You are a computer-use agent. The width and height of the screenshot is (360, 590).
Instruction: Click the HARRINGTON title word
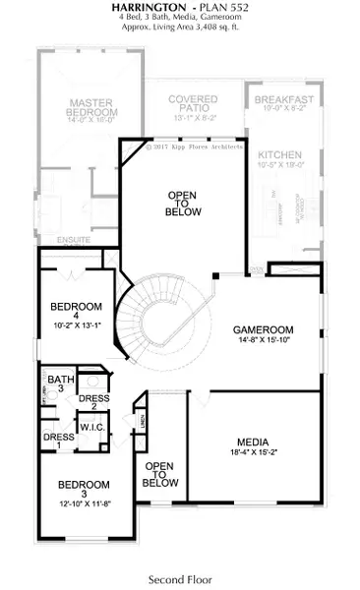click(137, 8)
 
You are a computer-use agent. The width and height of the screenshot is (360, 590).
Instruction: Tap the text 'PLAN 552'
click(209, 8)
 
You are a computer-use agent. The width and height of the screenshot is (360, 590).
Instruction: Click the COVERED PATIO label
click(193, 99)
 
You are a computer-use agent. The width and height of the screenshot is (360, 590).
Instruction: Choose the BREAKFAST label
click(283, 100)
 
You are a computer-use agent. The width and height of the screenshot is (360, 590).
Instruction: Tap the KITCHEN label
click(280, 154)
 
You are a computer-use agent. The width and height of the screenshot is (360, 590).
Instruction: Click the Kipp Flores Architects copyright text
click(195, 149)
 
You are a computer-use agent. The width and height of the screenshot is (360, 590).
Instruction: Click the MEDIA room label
click(253, 442)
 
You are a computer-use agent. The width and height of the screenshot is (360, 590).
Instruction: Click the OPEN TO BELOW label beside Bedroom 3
click(160, 474)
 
